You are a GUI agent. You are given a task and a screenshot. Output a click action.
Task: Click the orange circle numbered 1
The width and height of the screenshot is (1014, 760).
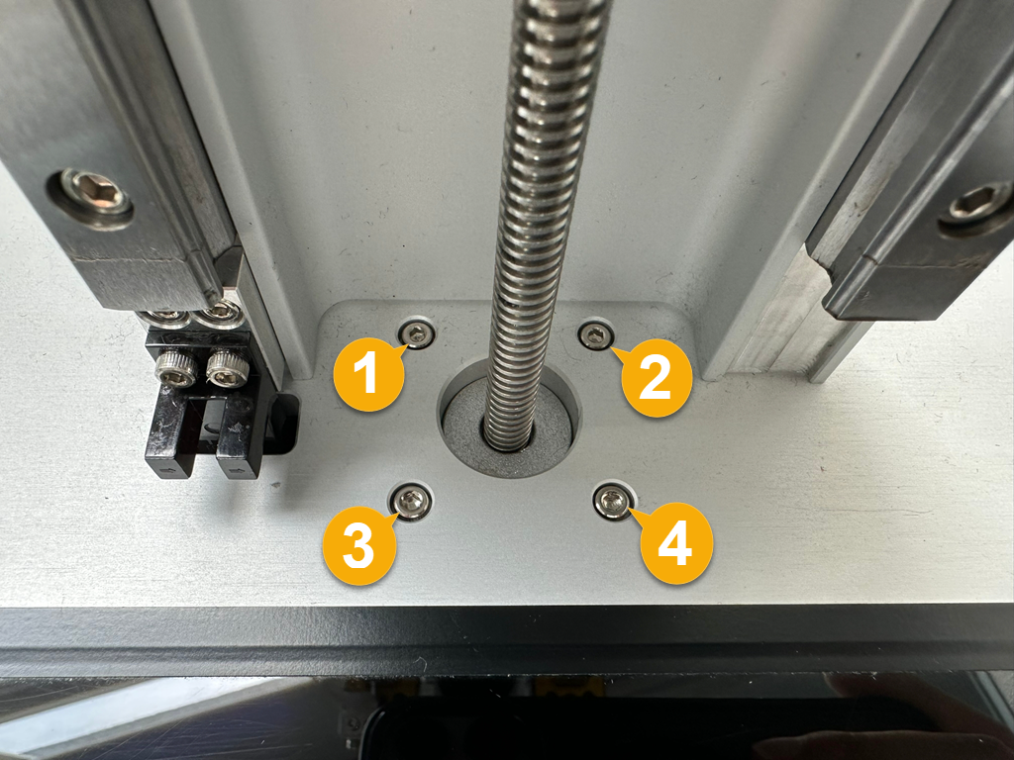(368, 374)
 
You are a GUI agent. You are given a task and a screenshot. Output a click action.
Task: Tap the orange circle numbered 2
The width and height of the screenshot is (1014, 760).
(657, 377)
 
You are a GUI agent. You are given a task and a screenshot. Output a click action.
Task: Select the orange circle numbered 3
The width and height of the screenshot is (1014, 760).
(358, 546)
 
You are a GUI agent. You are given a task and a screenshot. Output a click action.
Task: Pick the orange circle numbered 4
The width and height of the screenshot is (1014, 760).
(676, 545)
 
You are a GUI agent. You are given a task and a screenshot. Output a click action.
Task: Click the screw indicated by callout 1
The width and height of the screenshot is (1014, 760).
(416, 333)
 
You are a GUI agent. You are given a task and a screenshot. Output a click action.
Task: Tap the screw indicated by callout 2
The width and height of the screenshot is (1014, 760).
(595, 335)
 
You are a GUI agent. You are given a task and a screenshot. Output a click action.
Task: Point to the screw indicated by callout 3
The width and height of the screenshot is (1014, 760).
(410, 501)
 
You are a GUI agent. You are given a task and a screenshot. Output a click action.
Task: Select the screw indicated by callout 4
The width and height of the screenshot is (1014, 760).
(612, 500)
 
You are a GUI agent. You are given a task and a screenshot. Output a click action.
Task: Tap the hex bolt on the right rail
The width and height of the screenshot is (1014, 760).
(978, 206)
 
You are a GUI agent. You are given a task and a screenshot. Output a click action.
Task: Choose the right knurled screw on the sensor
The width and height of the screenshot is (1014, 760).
(227, 370)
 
